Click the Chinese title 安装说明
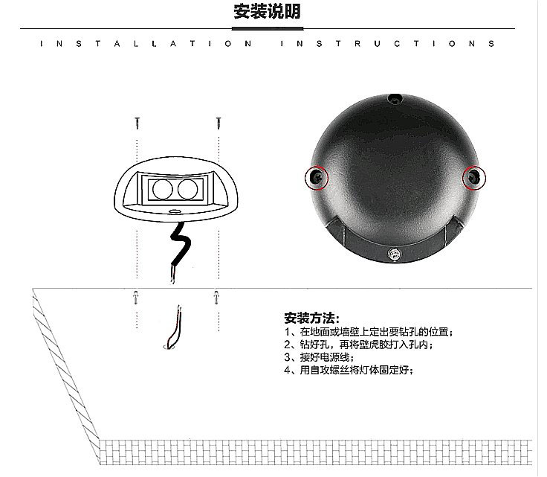(x=268, y=11)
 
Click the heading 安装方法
(x=311, y=318)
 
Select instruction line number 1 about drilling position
(x=369, y=332)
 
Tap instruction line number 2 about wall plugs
(x=359, y=345)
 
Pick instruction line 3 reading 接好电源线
(x=319, y=357)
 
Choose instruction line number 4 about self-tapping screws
(x=349, y=370)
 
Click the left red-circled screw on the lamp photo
(x=317, y=178)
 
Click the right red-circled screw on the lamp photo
(x=473, y=178)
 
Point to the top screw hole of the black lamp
(x=395, y=99)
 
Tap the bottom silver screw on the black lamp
(x=395, y=254)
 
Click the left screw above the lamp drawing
(x=137, y=123)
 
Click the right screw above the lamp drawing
(x=219, y=123)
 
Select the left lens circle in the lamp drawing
(x=163, y=190)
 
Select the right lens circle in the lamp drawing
(x=188, y=190)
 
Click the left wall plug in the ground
(x=136, y=298)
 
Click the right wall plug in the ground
(x=216, y=298)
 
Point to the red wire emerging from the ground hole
(x=175, y=327)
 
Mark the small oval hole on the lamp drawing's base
(x=174, y=211)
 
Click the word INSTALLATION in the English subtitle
(x=146, y=44)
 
